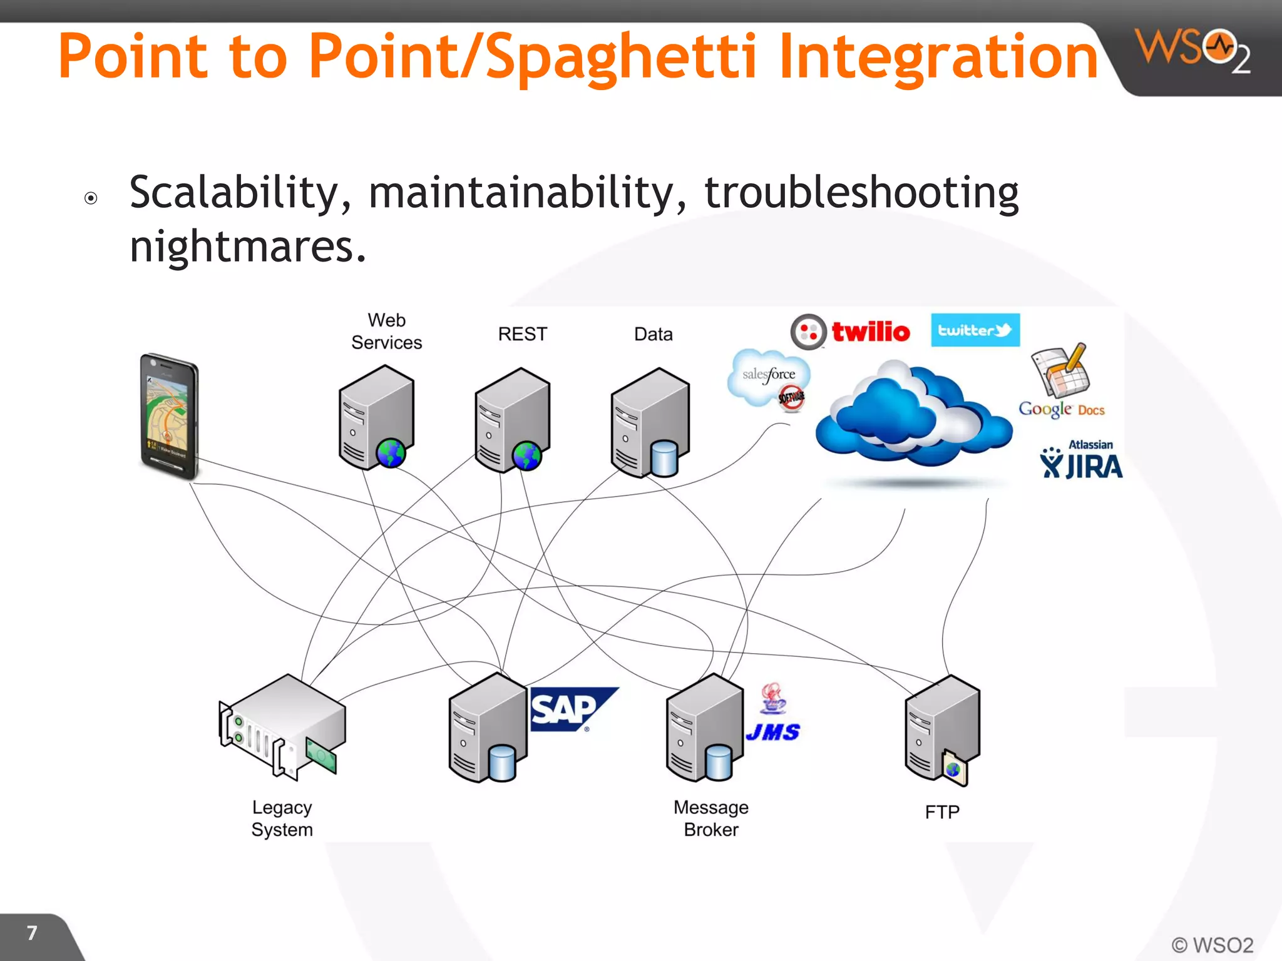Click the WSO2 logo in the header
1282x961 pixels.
[1192, 50]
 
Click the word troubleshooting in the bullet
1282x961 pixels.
[861, 193]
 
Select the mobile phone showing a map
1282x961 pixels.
[168, 416]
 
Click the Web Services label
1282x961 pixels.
[386, 331]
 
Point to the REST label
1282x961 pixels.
[522, 334]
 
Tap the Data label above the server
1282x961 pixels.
[653, 334]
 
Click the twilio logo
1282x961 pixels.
[850, 331]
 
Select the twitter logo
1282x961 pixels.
[975, 330]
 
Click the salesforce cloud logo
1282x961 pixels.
[768, 378]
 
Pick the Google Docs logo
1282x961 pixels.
[1061, 382]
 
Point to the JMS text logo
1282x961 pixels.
[772, 731]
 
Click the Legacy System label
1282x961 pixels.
[282, 818]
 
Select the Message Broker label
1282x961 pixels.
[710, 818]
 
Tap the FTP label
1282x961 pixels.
[941, 812]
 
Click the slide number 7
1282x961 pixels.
[33, 933]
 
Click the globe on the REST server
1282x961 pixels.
[526, 455]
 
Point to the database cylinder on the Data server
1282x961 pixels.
[664, 458]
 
